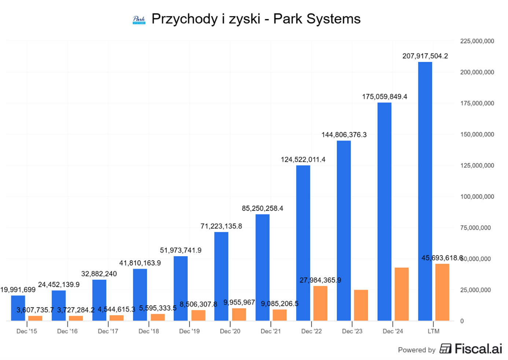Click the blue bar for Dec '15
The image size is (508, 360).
[x=18, y=308]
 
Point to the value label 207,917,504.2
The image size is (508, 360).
[x=425, y=56]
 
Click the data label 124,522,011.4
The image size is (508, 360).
[x=303, y=160]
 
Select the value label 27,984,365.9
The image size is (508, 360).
[x=320, y=280]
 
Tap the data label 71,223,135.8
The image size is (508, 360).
[x=221, y=226]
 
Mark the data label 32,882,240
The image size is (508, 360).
[x=99, y=274]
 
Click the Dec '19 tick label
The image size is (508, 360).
[x=189, y=331]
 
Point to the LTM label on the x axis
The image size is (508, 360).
[x=433, y=331]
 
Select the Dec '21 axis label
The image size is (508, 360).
[x=270, y=331]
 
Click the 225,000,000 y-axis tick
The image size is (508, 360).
[x=477, y=41]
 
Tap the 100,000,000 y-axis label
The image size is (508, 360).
[x=477, y=197]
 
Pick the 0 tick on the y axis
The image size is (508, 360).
[x=462, y=321]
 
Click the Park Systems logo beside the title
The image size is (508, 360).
[x=139, y=20]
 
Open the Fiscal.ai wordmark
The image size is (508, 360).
[x=478, y=349]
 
